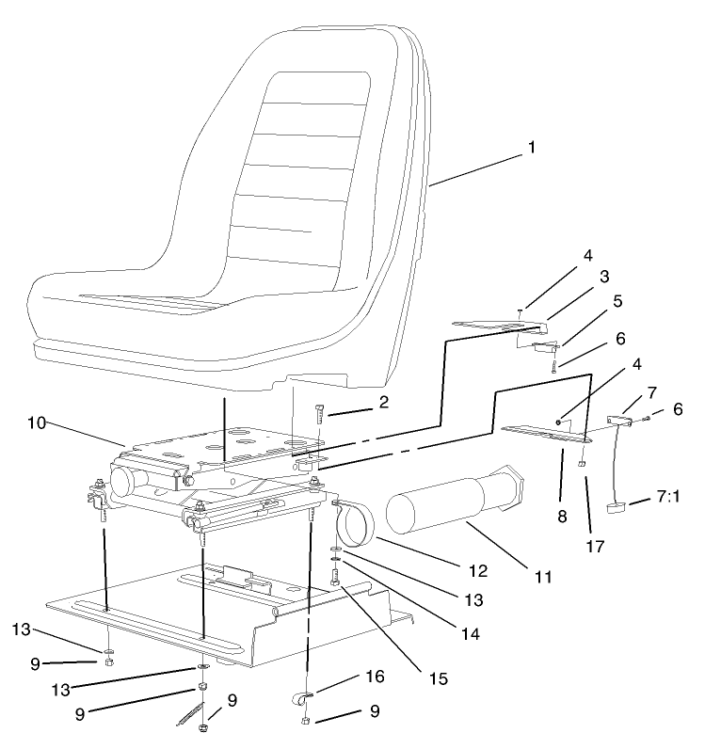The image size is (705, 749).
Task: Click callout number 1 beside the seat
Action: click(x=532, y=147)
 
